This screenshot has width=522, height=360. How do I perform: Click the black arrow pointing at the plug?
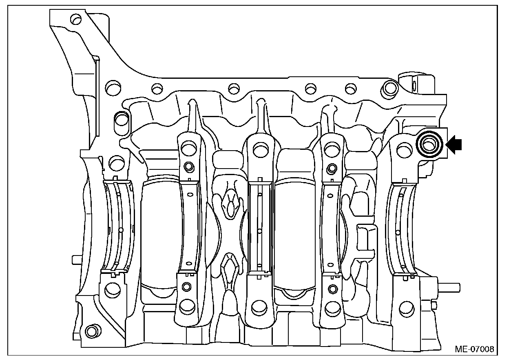[454, 145]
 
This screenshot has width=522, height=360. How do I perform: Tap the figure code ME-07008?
[474, 349]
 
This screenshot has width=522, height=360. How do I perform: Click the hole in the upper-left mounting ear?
[76, 19]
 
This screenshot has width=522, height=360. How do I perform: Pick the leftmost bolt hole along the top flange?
[113, 88]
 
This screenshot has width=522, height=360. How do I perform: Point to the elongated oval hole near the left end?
[122, 123]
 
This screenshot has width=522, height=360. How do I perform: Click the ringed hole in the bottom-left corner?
[92, 331]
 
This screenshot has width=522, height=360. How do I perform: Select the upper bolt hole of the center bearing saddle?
[261, 150]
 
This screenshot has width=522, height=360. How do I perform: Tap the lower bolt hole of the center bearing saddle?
[259, 308]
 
